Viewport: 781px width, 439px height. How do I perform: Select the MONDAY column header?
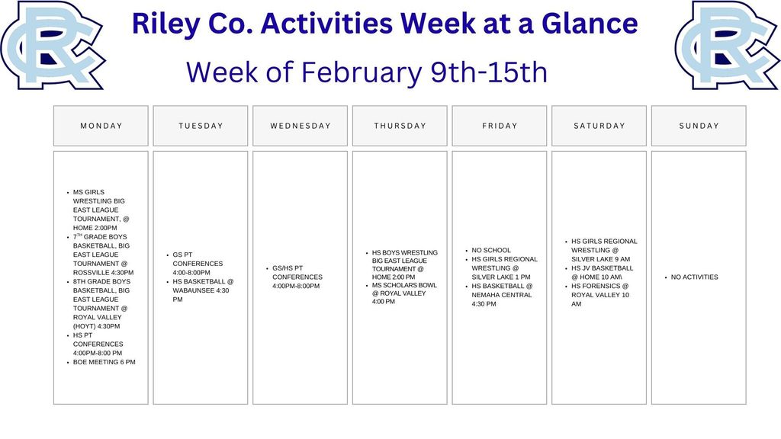(x=101, y=126)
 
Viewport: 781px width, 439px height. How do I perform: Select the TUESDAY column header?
(x=201, y=126)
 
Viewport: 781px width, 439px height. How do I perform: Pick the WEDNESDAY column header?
(x=301, y=126)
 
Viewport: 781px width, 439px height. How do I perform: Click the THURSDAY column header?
(x=400, y=126)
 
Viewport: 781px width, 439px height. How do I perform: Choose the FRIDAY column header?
(x=500, y=126)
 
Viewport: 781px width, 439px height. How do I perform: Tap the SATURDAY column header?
(x=599, y=126)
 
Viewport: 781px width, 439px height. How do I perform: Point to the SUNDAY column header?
(x=699, y=126)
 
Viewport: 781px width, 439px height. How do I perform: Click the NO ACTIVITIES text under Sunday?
(x=694, y=277)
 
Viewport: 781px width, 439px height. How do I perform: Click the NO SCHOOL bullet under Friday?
(x=491, y=250)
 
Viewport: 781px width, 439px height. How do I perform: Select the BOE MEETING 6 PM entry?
(x=104, y=362)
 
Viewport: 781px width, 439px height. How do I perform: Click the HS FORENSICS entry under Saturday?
(x=599, y=286)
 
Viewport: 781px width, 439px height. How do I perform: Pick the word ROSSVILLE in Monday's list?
(x=93, y=273)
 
